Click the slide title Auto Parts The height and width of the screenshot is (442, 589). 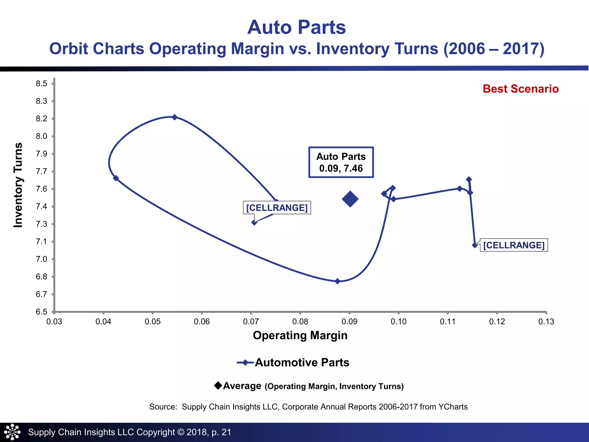click(297, 27)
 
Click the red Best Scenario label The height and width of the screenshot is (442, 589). click(521, 89)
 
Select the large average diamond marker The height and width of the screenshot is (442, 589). click(350, 199)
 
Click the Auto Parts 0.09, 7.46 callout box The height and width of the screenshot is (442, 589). click(341, 162)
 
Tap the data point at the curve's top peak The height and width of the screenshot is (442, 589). click(175, 117)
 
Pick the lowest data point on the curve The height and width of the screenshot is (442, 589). click(337, 281)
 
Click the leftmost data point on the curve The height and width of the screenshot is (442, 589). click(116, 178)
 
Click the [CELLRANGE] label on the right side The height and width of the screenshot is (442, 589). click(514, 245)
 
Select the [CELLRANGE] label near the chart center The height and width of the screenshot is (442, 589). click(277, 207)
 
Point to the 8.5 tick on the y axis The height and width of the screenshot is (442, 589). click(41, 84)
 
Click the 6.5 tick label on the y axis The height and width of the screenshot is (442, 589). click(41, 312)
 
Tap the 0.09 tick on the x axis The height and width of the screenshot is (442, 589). click(349, 321)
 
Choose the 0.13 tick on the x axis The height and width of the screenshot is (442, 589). click(546, 321)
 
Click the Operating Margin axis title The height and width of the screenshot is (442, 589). click(300, 336)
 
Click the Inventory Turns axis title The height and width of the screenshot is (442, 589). click(18, 185)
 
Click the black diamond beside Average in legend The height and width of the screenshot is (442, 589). click(218, 385)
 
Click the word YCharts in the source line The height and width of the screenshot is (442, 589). click(453, 407)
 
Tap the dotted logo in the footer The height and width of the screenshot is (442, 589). click(12, 432)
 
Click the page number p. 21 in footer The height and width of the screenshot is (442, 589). click(221, 432)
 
